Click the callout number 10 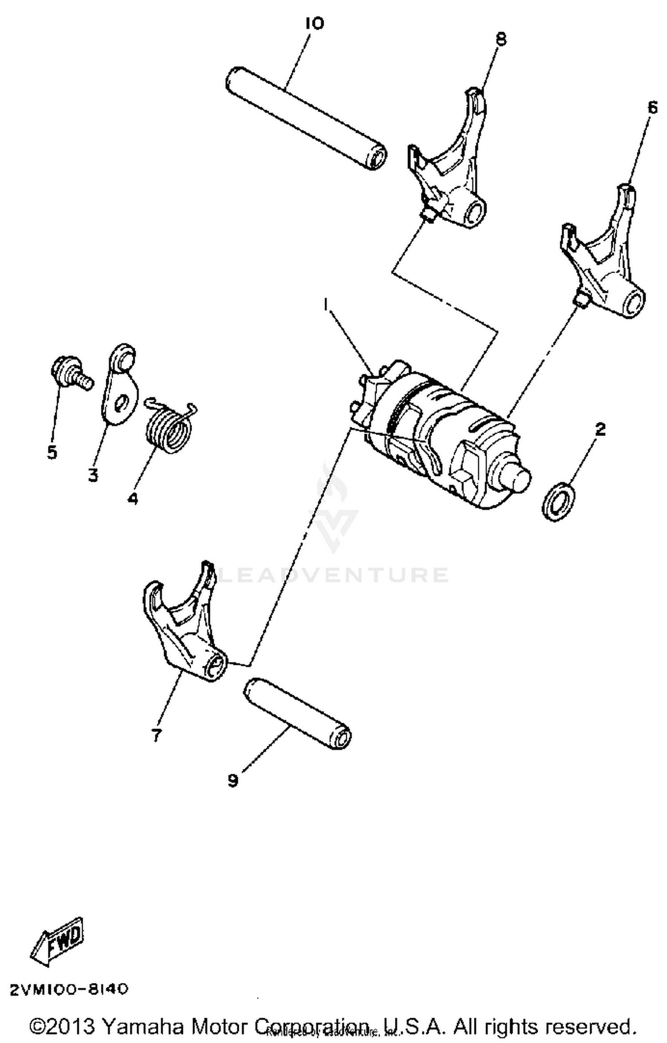[x=314, y=24]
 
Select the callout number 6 [x=652, y=107]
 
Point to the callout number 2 [x=600, y=429]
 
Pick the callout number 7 [x=155, y=736]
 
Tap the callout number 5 [x=52, y=452]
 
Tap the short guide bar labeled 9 [x=297, y=714]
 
